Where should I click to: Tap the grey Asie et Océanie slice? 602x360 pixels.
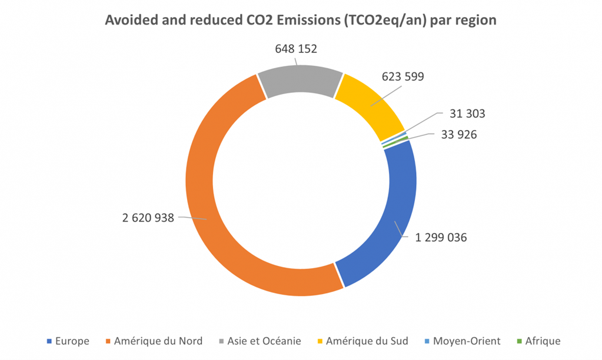click(x=299, y=79)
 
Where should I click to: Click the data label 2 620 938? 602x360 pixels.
click(x=148, y=218)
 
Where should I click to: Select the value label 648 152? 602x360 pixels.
click(x=296, y=49)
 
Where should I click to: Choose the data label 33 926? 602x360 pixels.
click(x=459, y=135)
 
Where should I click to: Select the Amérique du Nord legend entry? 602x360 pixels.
click(x=158, y=341)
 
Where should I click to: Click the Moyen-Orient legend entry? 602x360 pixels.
click(x=466, y=341)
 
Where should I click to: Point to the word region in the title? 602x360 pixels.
click(x=475, y=20)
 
